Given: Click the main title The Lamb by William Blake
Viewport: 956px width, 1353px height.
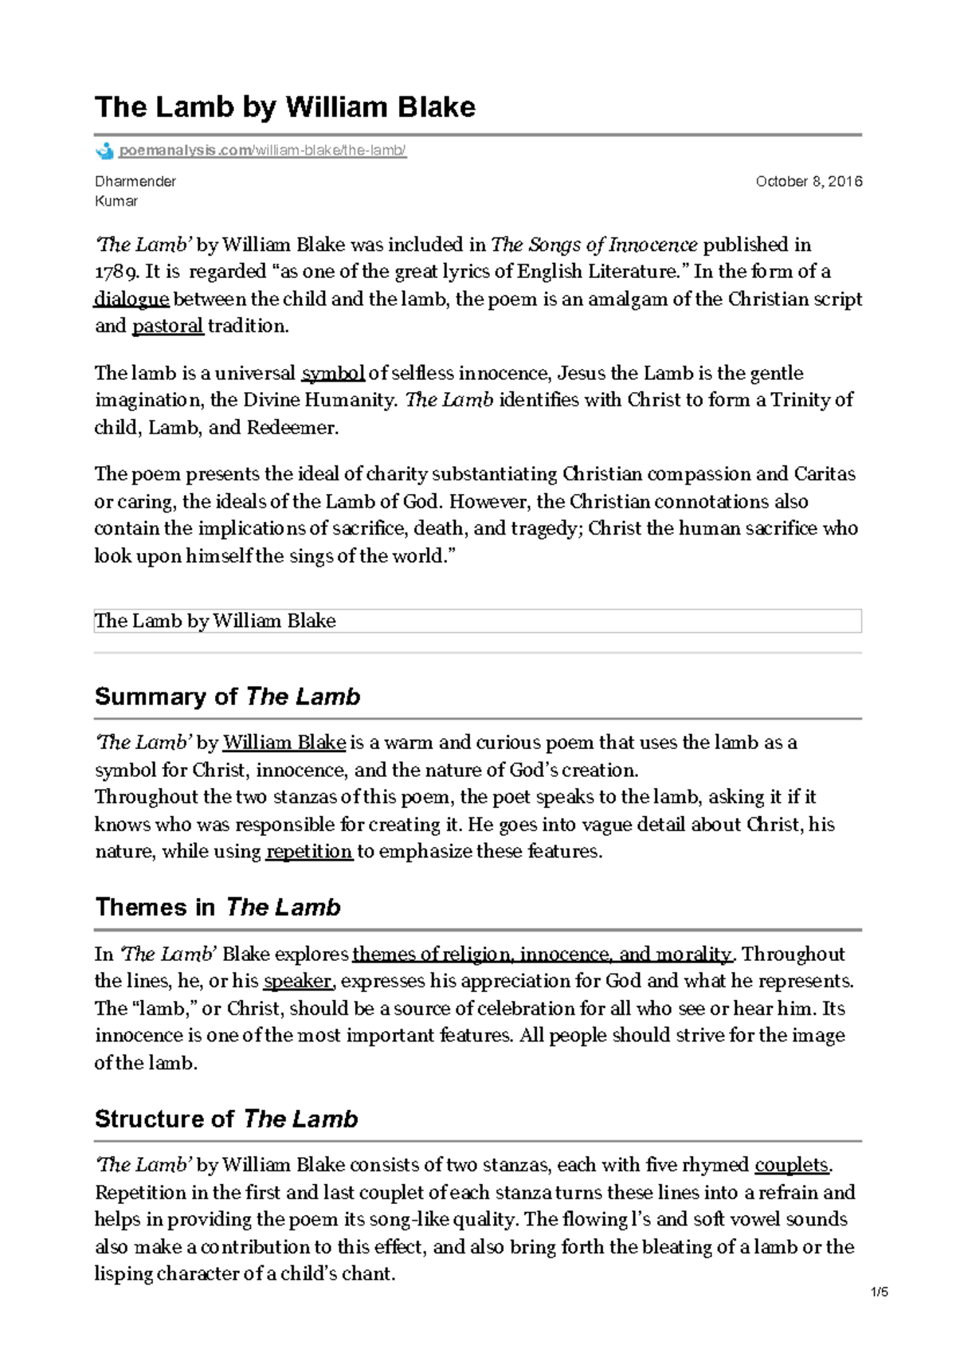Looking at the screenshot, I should click(284, 107).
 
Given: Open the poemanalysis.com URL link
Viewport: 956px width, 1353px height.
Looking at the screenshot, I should click(262, 151).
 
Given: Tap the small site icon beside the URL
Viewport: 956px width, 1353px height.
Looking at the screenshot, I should click(104, 151).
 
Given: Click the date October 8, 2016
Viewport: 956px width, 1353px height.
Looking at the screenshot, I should click(808, 182).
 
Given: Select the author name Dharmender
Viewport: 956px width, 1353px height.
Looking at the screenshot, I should click(135, 182).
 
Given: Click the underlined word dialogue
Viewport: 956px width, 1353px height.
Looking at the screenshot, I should click(131, 300).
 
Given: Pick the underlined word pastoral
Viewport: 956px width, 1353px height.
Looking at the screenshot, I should click(167, 326).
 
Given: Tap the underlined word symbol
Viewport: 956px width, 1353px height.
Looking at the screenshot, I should click(332, 373).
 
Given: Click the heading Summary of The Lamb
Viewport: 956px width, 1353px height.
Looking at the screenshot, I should click(227, 696).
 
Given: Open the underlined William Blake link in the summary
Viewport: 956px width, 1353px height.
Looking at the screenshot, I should click(284, 743).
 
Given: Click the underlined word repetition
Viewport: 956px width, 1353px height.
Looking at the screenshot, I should click(308, 852).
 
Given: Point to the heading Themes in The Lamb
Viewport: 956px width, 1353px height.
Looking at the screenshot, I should click(217, 907).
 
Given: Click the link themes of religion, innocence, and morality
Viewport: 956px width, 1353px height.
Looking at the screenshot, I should click(541, 955).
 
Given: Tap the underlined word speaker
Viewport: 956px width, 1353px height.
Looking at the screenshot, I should click(297, 981).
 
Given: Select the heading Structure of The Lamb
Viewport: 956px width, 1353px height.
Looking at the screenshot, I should click(226, 1119).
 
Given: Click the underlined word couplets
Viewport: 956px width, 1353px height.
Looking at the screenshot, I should click(791, 1165).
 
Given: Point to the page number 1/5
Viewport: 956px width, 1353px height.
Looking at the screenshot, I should click(880, 1292).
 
